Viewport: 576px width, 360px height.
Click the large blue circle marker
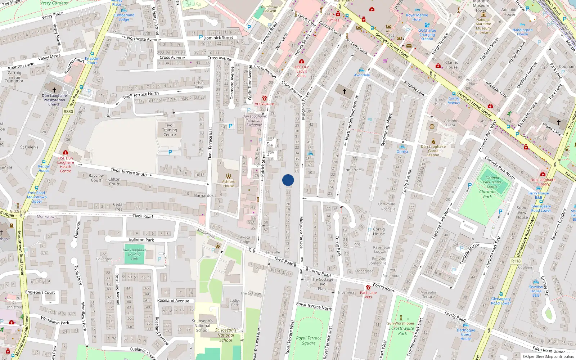[288, 180]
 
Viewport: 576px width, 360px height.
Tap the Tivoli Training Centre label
[170, 130]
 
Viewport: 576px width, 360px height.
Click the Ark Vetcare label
[264, 104]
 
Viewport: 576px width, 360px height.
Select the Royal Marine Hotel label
[417, 17]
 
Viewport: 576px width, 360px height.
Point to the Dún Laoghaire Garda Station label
[433, 150]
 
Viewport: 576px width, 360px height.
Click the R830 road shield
[68, 112]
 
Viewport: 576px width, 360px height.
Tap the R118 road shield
[516, 261]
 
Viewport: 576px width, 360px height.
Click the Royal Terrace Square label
[309, 341]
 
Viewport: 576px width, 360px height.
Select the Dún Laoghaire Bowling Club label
[134, 254]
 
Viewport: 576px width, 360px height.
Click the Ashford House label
[228, 184]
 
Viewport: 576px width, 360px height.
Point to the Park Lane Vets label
[368, 295]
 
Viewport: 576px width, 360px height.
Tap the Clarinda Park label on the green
[487, 194]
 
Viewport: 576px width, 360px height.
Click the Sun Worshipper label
[401, 323]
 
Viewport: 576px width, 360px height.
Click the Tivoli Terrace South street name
[129, 172]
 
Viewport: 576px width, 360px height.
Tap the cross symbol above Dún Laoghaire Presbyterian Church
[54, 90]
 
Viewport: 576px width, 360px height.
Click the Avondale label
[362, 75]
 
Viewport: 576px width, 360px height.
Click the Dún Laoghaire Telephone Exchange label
[254, 121]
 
